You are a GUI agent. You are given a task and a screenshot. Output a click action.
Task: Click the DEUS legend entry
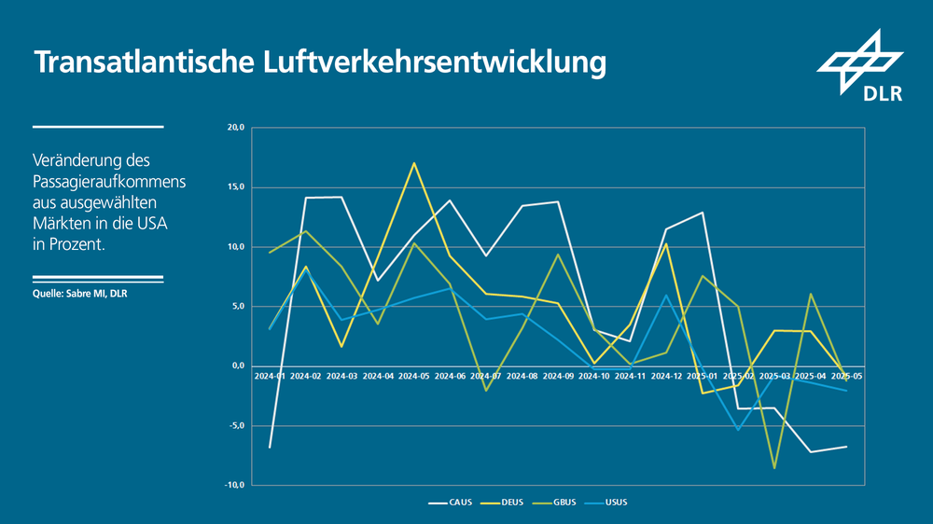(x=503, y=503)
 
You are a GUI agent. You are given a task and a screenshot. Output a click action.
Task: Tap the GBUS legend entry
(x=556, y=503)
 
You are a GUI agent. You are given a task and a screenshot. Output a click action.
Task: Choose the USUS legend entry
(x=609, y=503)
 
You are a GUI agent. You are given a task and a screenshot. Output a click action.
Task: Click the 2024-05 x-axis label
(x=413, y=376)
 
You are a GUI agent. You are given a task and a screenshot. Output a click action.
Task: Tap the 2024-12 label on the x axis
(x=665, y=376)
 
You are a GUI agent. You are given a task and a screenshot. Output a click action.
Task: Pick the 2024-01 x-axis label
(x=270, y=376)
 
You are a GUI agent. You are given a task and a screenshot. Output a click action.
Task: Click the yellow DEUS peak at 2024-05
(x=413, y=163)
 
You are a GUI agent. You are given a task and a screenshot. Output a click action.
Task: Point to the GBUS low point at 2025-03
(x=773, y=468)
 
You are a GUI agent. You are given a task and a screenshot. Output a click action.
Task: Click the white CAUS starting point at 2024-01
(x=270, y=448)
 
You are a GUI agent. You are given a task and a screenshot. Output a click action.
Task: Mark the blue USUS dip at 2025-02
(x=738, y=430)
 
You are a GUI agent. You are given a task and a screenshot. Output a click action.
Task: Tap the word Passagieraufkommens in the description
(x=108, y=181)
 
